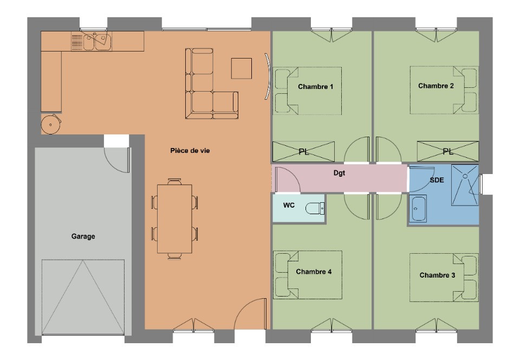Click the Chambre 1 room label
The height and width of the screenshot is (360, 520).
click(315, 87)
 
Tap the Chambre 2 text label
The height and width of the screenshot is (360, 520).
click(436, 86)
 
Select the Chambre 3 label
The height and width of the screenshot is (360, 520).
click(437, 275)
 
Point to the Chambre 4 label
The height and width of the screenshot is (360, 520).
click(314, 272)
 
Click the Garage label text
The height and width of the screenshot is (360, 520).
click(83, 236)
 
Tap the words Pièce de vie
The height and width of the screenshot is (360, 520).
click(190, 151)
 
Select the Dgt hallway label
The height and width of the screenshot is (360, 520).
click(340, 174)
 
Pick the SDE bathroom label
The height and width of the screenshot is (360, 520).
click(437, 181)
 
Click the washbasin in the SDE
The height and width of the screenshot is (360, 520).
click(419, 209)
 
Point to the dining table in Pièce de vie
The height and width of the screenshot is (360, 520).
click(174, 218)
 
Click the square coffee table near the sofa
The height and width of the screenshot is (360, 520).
click(242, 68)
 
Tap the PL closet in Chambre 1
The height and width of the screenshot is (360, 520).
click(304, 152)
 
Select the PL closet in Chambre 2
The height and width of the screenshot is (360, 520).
click(447, 152)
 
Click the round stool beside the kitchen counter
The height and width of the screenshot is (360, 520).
click(51, 124)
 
